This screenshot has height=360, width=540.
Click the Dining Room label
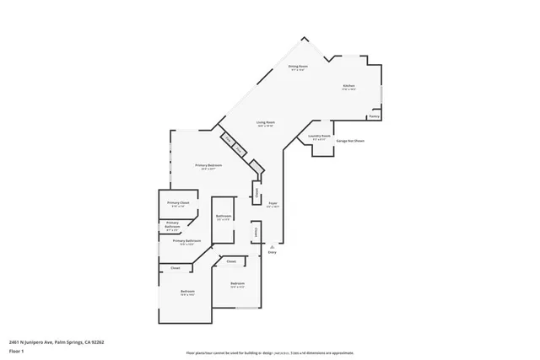click(296, 66)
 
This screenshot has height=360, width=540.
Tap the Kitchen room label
click(348, 86)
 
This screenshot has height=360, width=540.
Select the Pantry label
click(374, 116)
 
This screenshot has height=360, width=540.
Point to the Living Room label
click(267, 123)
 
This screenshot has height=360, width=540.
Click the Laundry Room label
click(318, 136)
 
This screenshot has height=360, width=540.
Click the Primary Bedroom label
click(208, 164)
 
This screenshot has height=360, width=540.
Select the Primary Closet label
click(177, 203)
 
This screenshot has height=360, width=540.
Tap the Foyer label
click(273, 203)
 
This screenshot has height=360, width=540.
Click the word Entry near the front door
click(272, 252)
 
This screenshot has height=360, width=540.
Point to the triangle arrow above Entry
click(272, 245)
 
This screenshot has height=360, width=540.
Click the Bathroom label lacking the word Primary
click(224, 217)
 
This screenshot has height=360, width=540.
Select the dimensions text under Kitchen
click(348, 90)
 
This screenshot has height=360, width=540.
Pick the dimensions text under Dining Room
click(296, 70)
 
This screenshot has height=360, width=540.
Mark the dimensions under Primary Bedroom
click(208, 169)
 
